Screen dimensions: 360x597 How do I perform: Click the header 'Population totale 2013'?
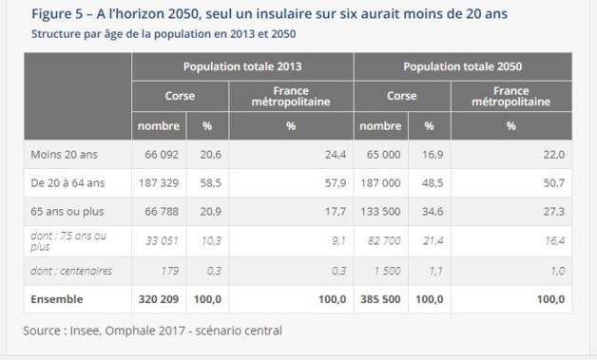[242, 66]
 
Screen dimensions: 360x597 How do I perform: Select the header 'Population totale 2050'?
[462, 66]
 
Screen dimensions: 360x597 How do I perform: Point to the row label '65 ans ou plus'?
[67, 210]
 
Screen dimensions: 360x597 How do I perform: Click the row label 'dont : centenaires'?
[71, 271]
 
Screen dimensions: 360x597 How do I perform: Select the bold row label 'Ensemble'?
[57, 299]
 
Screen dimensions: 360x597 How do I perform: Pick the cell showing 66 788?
[160, 210]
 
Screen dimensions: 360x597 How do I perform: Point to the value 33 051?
[160, 241]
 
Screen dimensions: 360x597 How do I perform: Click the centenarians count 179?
[169, 271]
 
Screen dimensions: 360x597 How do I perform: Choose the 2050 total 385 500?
[378, 299]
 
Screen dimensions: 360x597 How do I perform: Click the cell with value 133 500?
[378, 210]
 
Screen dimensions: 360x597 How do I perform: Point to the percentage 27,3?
[554, 210]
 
